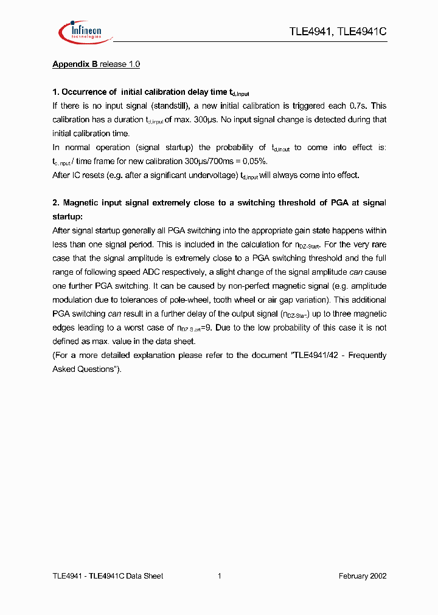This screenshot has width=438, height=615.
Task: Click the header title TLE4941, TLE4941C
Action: pyautogui.click(x=338, y=32)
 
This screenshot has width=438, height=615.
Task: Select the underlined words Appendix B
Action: pyautogui.click(x=75, y=64)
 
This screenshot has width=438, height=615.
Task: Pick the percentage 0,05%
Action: pyautogui.click(x=253, y=161)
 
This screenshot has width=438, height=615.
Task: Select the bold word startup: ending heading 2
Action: pyautogui.click(x=68, y=216)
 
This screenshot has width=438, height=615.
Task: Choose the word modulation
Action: pyautogui.click(x=72, y=300)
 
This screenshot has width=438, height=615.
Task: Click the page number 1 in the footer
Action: pyautogui.click(x=219, y=576)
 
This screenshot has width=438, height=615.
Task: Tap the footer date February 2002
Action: pyautogui.click(x=362, y=576)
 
